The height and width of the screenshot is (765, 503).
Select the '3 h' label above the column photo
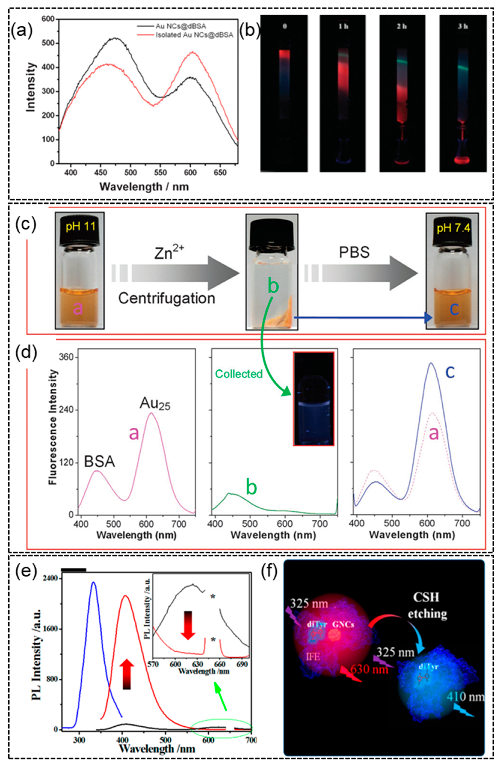point(463,26)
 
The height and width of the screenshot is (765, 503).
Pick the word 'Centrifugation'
point(167,298)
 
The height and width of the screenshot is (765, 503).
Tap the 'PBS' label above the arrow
point(354,253)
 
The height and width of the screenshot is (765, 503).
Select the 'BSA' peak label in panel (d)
point(99,462)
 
